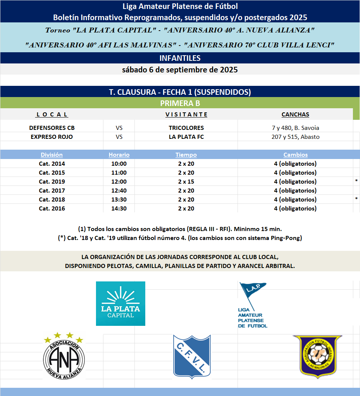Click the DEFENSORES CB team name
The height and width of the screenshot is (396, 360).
pos(52,128)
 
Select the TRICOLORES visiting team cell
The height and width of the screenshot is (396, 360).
pos(186,128)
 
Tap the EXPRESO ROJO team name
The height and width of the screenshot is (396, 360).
pos(52,137)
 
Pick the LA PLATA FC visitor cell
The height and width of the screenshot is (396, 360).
pos(186,137)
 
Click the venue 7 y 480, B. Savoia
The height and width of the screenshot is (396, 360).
pos(295,128)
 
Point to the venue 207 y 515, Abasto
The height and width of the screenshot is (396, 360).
pos(295,137)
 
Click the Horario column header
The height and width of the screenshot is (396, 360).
pos(119,155)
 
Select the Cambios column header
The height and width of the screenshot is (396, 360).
pos(295,155)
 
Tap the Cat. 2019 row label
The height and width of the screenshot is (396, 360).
pos(52,181)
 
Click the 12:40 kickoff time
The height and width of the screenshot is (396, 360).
pos(119,190)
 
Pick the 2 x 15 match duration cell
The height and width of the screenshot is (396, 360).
pos(186,181)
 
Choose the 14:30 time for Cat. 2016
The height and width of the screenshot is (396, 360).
pos(119,208)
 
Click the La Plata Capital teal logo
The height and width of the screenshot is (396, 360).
pos(121,303)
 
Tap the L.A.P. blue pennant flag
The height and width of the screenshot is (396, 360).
pos(252,293)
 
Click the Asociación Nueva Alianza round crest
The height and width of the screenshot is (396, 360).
pos(64,356)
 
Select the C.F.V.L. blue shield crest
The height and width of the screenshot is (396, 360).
pos(192,355)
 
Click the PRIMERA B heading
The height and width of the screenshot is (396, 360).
pos(180,103)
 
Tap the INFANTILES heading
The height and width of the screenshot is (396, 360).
pos(180,58)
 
